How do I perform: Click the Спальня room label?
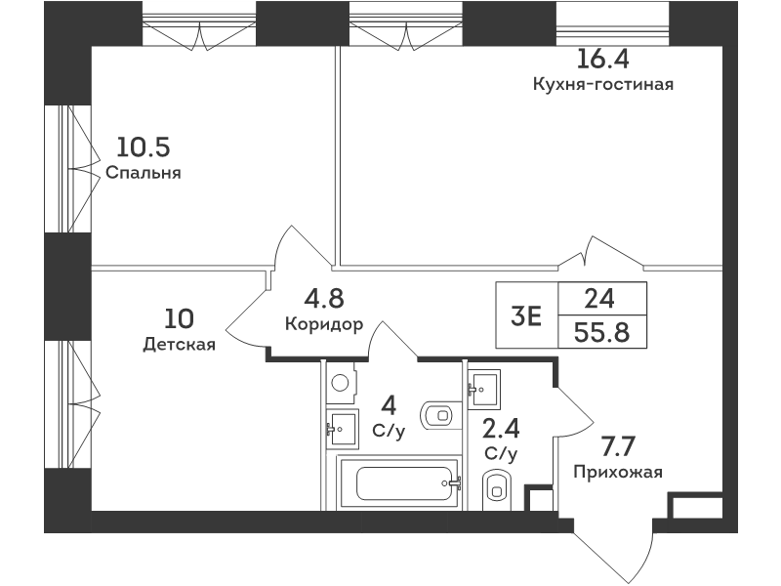[x=144, y=173]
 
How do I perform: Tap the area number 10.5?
[x=144, y=147]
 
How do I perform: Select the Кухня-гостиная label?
[x=603, y=84]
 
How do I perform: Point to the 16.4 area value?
[x=602, y=59]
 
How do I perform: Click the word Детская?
[x=180, y=344]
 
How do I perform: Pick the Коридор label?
[x=324, y=324]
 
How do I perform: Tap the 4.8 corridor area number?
[x=324, y=299]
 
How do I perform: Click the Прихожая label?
[x=618, y=472]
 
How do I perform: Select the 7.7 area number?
[x=618, y=446]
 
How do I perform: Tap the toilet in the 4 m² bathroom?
[x=436, y=414]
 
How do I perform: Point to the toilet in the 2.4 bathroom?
[x=497, y=490]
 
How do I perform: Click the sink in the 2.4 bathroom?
[x=483, y=389]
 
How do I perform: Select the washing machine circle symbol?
[x=340, y=383]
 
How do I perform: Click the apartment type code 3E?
[x=526, y=315]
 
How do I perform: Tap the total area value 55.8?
[x=601, y=332]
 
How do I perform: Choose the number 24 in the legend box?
[x=599, y=299]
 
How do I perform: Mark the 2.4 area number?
[x=501, y=429]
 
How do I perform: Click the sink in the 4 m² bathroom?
[x=343, y=429]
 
